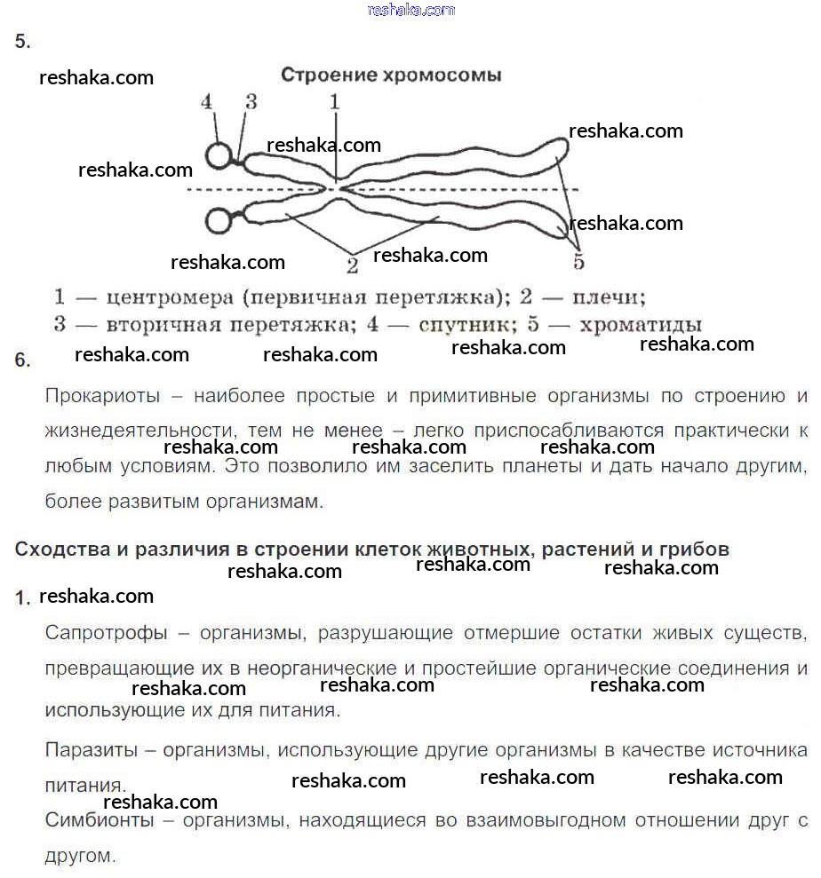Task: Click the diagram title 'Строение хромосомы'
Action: (391, 75)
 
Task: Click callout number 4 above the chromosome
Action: (207, 102)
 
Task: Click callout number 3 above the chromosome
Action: (251, 102)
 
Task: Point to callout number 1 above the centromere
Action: (335, 102)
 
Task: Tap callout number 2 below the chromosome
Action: (352, 264)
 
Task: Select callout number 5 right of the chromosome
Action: (578, 261)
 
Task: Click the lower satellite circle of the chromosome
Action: (219, 219)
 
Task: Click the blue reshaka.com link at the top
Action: (410, 10)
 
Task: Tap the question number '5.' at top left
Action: (23, 42)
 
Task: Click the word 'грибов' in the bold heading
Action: (696, 549)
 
